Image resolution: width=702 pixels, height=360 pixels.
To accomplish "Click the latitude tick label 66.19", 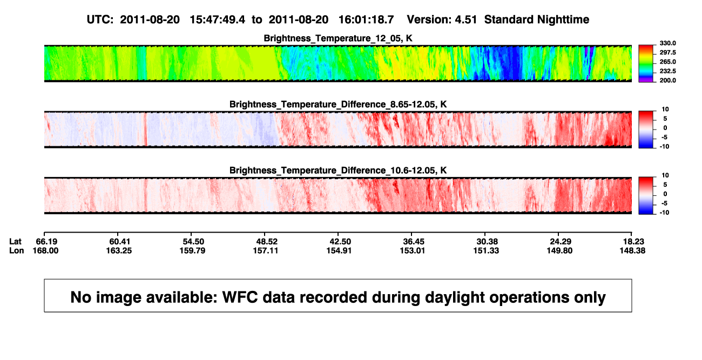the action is tap(46, 242).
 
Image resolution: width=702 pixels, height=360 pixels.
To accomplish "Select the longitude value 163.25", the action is tap(119, 250).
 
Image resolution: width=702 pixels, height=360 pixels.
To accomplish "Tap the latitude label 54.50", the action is tap(193, 242).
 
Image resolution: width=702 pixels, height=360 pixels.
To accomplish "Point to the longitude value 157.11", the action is tap(266, 250).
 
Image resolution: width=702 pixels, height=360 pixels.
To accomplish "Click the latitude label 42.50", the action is tap(340, 242).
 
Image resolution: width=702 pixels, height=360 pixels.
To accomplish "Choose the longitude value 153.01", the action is tap(413, 250).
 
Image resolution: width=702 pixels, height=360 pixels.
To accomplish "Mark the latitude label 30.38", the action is tap(487, 242).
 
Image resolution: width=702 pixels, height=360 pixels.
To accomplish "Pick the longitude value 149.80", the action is tap(559, 250).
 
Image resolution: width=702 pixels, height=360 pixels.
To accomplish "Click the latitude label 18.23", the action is tap(633, 242).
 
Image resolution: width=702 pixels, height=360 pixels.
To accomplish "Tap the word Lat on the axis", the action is tap(15, 242).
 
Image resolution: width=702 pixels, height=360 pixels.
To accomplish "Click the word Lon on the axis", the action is tap(17, 250).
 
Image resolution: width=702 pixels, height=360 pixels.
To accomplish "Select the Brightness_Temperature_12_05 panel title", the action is tap(338, 38).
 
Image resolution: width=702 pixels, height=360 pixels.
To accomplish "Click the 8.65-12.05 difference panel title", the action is tap(338, 104).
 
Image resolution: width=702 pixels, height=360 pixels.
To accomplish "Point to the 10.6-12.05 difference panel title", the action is tap(338, 171).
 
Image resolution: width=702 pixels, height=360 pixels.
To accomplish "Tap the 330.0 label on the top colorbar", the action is tap(667, 43).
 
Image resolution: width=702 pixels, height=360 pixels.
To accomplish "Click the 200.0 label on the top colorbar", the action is tap(667, 80).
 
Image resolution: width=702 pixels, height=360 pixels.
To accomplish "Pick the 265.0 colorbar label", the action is tap(667, 62).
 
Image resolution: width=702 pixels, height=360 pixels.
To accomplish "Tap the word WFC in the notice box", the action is tap(240, 297).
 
